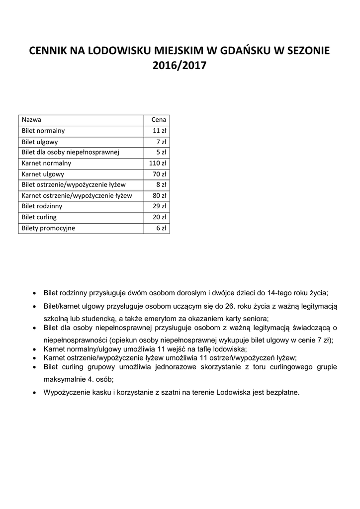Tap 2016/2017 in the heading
tap(180, 65)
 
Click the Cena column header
tap(159, 120)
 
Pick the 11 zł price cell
tap(160, 131)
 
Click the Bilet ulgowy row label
tap(40, 142)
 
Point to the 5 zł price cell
tap(161, 152)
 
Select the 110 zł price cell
tap(158, 163)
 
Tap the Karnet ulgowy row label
tap(43, 174)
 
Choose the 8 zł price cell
tap(161, 184)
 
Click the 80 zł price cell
tap(160, 195)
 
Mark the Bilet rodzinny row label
tap(42, 206)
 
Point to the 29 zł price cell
tap(160, 206)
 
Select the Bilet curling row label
tap(39, 217)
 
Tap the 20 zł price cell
tap(160, 217)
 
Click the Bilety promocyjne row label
tap(49, 228)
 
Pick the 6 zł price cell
tap(161, 228)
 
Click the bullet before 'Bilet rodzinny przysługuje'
tap(33, 293)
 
